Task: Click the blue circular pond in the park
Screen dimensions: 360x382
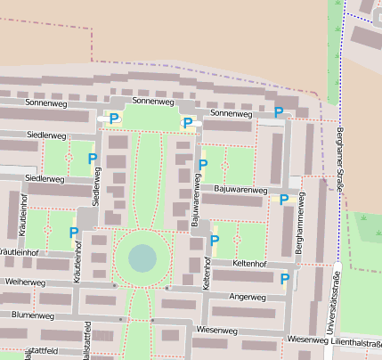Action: [142, 258]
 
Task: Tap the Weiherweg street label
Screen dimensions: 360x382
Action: [24, 282]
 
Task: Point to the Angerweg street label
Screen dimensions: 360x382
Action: [248, 296]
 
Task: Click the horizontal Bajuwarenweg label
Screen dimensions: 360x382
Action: [240, 190]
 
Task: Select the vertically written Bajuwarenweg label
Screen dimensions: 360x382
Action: [195, 201]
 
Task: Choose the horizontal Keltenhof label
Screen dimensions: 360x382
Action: [249, 264]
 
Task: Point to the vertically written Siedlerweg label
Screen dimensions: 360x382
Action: [97, 184]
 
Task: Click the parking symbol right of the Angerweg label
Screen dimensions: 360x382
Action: [285, 279]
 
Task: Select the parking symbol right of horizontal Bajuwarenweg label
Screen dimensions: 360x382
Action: [284, 199]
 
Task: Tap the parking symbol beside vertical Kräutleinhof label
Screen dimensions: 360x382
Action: [74, 233]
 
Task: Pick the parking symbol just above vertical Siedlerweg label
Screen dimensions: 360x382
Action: [93, 158]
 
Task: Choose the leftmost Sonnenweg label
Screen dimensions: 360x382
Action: [45, 103]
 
